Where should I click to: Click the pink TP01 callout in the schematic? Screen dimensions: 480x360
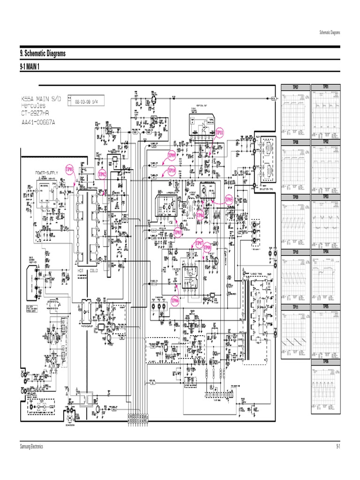coord(69,168)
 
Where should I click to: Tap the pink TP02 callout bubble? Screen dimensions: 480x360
coord(102,174)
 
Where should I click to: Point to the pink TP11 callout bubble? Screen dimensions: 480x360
coord(220,133)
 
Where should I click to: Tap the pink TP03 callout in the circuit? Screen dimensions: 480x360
coord(178,232)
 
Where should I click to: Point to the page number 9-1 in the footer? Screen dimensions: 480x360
coord(337,447)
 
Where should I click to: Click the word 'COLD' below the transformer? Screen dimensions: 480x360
coord(99,271)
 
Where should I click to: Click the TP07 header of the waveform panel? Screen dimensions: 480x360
coord(295,87)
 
